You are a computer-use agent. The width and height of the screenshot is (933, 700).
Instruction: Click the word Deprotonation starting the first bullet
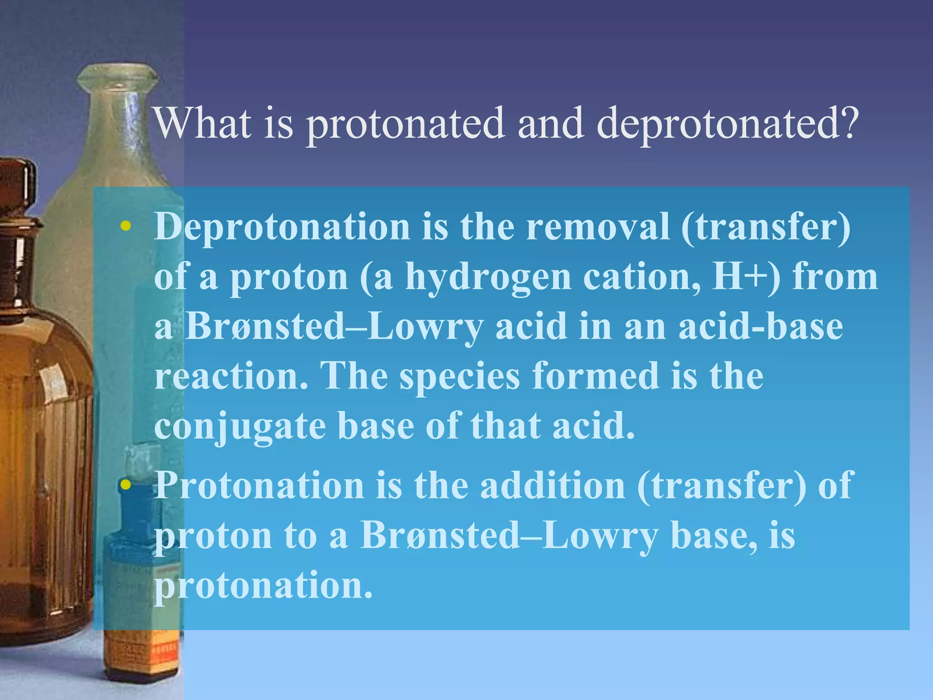282,226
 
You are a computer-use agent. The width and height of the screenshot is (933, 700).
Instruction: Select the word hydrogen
488,278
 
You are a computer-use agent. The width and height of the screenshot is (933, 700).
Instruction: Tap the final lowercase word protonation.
263,585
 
